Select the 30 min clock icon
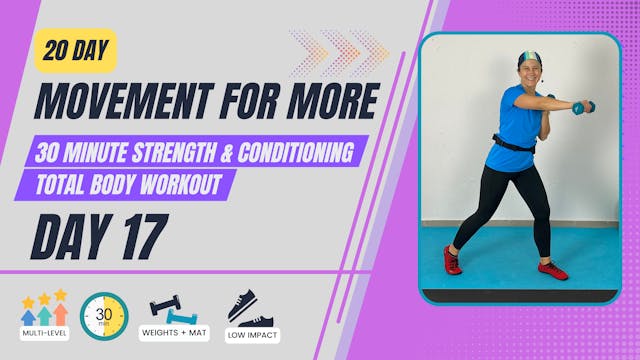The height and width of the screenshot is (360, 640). tap(104, 314)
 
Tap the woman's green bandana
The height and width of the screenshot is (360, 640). tap(529, 57)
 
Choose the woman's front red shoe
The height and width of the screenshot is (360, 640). tap(552, 269)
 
